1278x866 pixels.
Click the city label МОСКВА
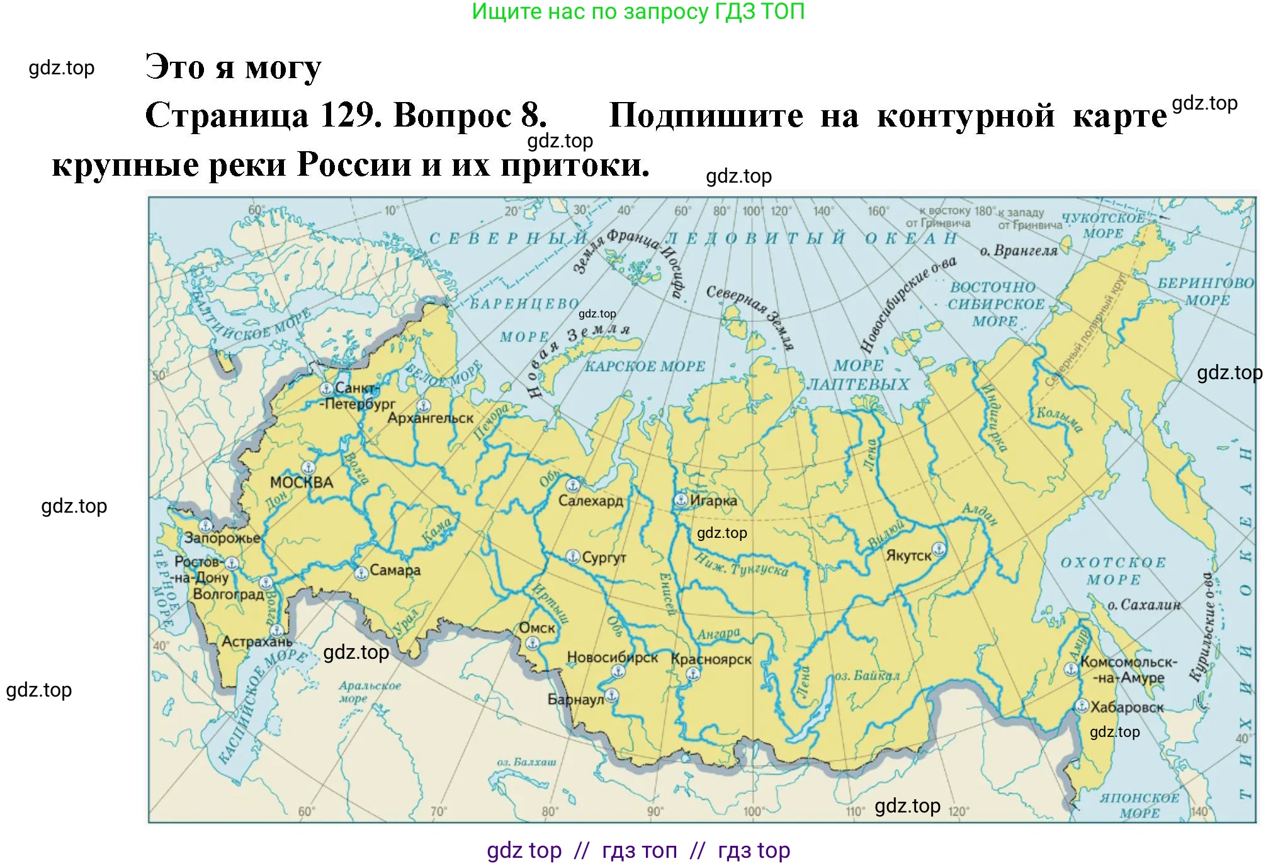[302, 482]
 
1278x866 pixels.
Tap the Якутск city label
[908, 555]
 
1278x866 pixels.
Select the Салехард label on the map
[591, 501]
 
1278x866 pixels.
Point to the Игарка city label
[713, 501]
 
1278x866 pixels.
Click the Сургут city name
[604, 557]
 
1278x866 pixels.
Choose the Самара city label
[395, 570]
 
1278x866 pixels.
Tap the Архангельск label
[431, 418]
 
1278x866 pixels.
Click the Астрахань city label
[257, 642]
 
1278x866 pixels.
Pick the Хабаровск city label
[1127, 707]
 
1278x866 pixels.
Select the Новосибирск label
[612, 658]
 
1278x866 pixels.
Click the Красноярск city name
[711, 659]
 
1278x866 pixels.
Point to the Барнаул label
[575, 699]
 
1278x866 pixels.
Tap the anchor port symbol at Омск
[533, 643]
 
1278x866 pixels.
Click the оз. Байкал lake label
[867, 676]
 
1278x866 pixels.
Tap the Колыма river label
[1060, 420]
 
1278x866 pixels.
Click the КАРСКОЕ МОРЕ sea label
[645, 366]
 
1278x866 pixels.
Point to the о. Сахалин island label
[1144, 605]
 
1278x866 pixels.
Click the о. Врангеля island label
[1018, 251]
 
